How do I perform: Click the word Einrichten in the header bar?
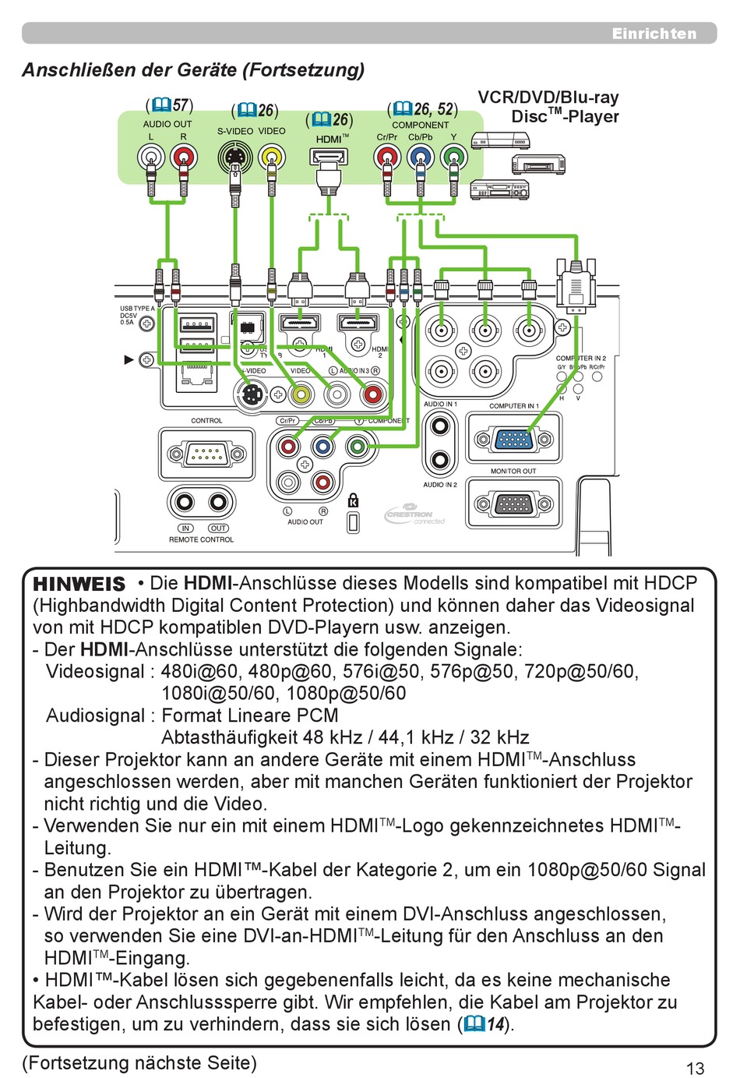pyautogui.click(x=654, y=34)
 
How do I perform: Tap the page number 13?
pyautogui.click(x=695, y=1067)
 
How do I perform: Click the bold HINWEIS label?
pyautogui.click(x=79, y=584)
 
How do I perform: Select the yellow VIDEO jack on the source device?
pyautogui.click(x=271, y=157)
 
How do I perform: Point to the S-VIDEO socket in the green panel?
pyautogui.click(x=234, y=157)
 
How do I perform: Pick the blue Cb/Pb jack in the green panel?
pyautogui.click(x=421, y=158)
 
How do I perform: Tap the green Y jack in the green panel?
pyautogui.click(x=453, y=158)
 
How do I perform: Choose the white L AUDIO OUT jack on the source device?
pyautogui.click(x=151, y=158)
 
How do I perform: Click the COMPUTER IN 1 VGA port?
pyautogui.click(x=514, y=440)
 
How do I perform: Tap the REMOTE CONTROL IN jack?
pyautogui.click(x=186, y=502)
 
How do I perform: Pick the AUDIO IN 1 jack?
pyautogui.click(x=440, y=426)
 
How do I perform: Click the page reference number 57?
pyautogui.click(x=181, y=105)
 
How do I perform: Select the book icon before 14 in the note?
pyautogui.click(x=474, y=1024)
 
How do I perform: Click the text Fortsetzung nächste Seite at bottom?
pyautogui.click(x=139, y=1062)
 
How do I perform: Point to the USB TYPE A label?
pyautogui.click(x=137, y=309)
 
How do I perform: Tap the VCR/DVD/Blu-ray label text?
pyautogui.click(x=548, y=98)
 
